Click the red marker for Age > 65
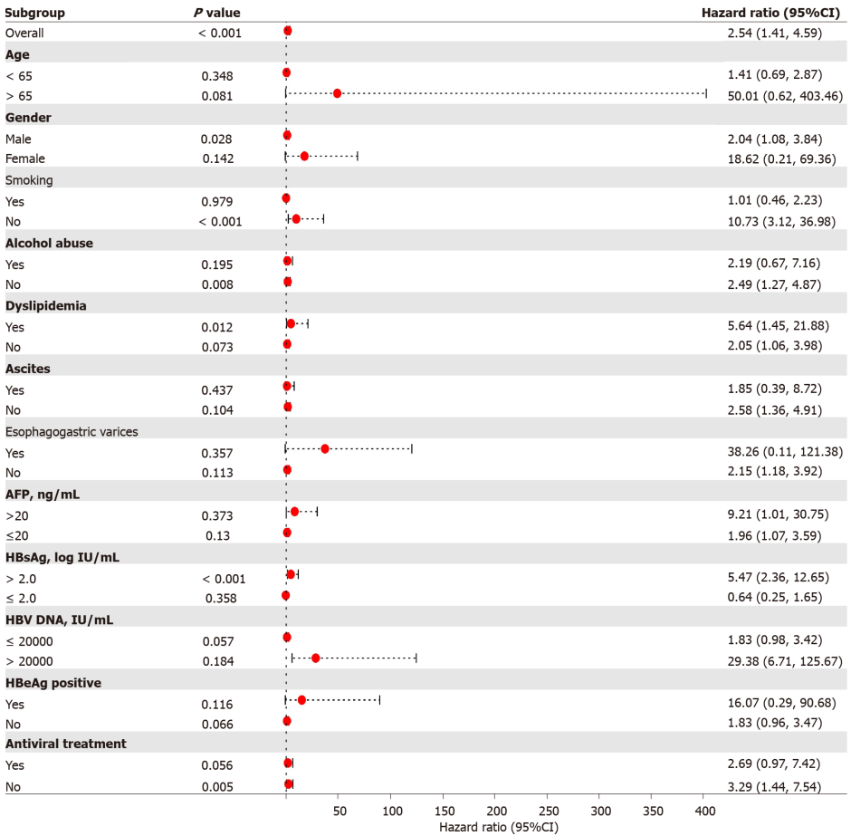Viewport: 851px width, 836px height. (338, 93)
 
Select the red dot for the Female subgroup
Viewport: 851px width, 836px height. (304, 157)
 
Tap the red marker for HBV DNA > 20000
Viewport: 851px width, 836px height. (316, 658)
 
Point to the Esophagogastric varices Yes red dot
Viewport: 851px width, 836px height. (325, 449)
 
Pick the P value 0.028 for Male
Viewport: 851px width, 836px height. (216, 139)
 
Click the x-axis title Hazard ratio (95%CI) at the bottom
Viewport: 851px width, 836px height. (498, 826)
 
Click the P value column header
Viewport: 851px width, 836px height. (217, 12)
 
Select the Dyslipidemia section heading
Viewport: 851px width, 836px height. (46, 306)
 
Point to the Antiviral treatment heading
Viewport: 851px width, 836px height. (66, 744)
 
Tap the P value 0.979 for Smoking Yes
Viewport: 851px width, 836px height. (216, 201)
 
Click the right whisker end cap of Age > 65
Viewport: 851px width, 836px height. (706, 93)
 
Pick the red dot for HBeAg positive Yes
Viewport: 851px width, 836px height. (302, 700)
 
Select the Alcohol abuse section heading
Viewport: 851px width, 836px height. (49, 243)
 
